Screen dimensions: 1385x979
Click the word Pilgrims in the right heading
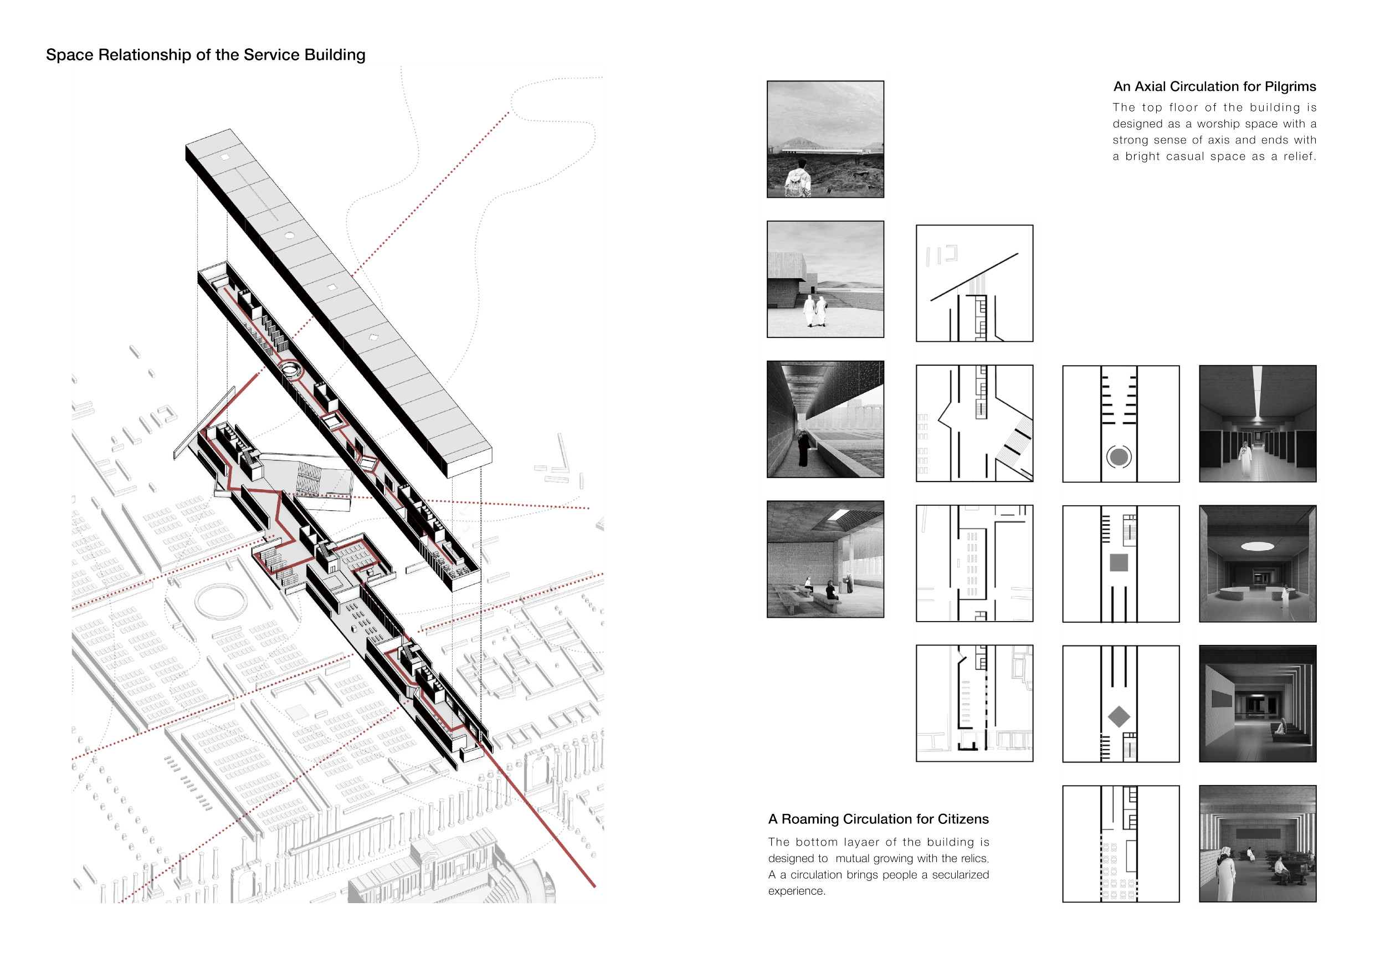tap(1290, 87)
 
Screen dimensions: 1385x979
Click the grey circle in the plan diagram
tap(1119, 457)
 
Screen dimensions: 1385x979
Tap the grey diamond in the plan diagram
tap(1119, 716)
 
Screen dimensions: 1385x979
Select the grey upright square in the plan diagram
tap(1119, 563)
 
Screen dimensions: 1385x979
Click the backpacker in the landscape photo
tap(799, 178)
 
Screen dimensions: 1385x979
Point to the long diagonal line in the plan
tap(974, 277)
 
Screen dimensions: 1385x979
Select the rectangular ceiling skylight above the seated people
tap(839, 515)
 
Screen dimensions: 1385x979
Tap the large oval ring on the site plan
tap(221, 601)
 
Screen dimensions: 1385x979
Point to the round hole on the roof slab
tap(289, 235)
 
